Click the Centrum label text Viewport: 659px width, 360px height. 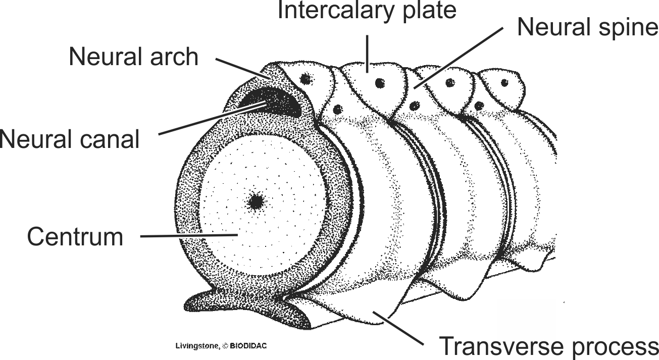click(75, 236)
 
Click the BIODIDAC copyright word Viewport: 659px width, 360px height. click(248, 346)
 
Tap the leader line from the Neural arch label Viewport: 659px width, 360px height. click(242, 69)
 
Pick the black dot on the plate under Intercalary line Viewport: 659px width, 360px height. click(377, 82)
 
